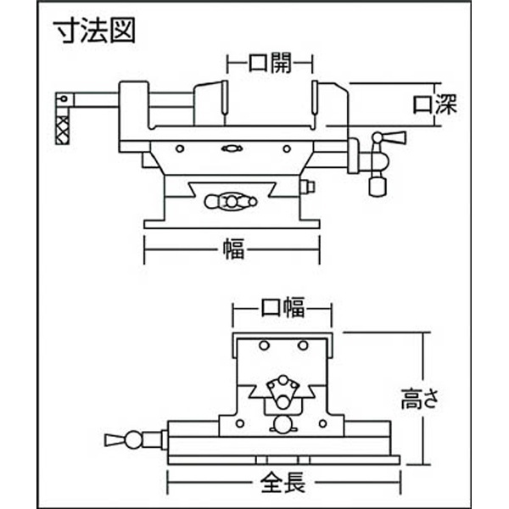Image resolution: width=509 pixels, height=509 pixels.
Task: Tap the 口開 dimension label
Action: coord(271,62)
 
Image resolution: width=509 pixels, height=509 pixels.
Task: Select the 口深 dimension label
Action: coord(434,105)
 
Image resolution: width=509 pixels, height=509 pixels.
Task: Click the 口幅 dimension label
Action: coord(282,308)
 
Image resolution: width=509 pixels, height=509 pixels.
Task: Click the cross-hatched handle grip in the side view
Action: coord(63,129)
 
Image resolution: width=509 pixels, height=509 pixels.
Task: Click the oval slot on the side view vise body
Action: coord(230,148)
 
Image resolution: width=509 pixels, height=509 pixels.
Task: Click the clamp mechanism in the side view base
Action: coord(230,201)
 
